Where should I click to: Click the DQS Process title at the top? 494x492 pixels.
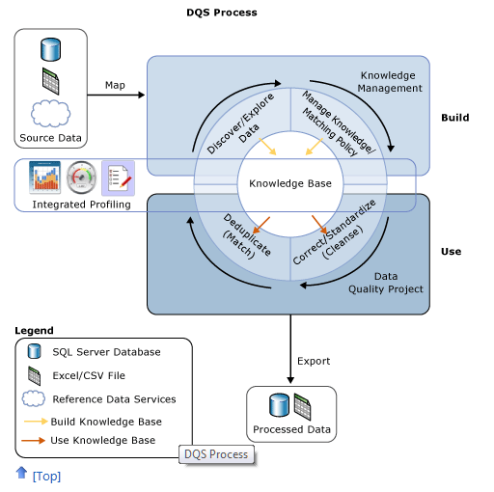tap(222, 13)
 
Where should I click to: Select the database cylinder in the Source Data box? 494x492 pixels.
tap(51, 49)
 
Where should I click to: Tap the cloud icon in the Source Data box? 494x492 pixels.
tap(50, 113)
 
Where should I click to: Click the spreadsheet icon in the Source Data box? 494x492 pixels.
tap(51, 81)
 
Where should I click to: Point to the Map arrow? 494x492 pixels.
tap(116, 95)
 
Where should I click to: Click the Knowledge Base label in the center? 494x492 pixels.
tap(290, 183)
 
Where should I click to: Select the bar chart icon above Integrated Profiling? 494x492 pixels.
tap(44, 178)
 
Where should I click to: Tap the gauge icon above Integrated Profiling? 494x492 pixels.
tap(81, 178)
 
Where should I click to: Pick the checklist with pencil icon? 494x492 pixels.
tap(118, 178)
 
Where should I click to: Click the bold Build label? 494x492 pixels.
tap(455, 118)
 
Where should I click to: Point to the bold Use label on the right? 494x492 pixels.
tap(451, 251)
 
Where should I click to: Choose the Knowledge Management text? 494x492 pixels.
tap(390, 82)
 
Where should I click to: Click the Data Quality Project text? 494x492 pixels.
tap(386, 283)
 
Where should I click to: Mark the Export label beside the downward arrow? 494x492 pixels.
tap(314, 361)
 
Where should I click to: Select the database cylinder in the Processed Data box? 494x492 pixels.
tap(279, 405)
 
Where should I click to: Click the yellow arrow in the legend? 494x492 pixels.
tap(36, 422)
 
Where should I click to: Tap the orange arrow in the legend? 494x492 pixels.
tap(33, 440)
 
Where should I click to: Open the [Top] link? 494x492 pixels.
tap(46, 477)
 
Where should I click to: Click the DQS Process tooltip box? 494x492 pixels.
tap(216, 454)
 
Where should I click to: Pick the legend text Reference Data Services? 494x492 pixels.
tap(114, 399)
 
